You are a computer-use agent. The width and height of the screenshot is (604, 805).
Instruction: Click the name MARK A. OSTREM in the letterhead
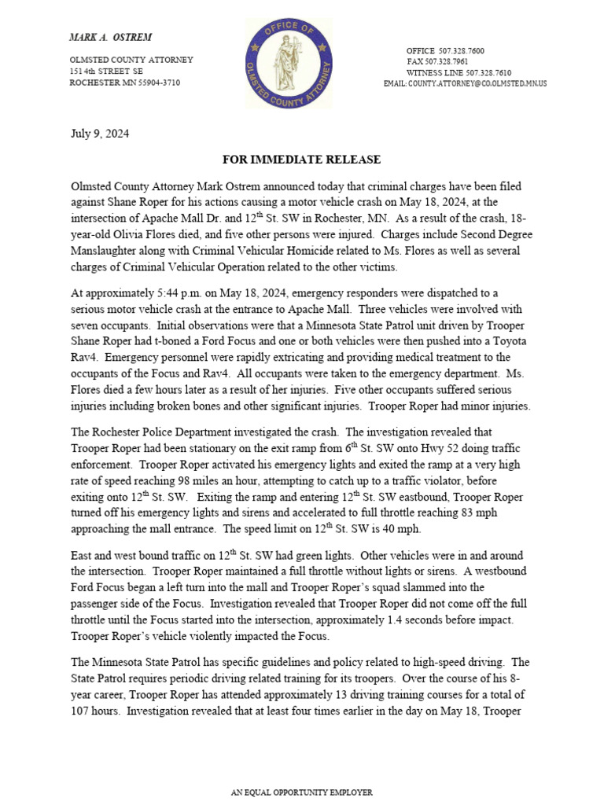[111, 37]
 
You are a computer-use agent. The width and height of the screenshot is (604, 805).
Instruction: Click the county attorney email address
[477, 83]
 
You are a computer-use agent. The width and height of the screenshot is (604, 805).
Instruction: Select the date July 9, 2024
[100, 134]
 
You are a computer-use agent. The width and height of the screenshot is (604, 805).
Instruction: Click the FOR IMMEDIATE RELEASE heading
[301, 160]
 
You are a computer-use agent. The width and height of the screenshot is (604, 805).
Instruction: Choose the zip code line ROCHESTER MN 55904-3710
[125, 82]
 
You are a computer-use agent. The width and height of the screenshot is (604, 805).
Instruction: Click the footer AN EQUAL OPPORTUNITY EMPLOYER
[301, 792]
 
